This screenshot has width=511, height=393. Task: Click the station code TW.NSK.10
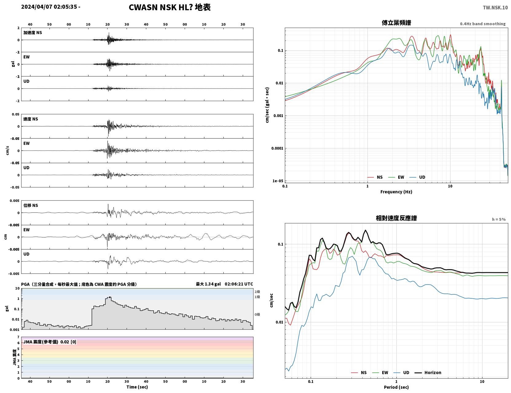point(495,7)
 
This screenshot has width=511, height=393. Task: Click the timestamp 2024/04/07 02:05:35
point(49,6)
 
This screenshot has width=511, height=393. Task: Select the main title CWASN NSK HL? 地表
point(170,7)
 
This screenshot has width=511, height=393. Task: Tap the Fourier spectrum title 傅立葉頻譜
point(396,23)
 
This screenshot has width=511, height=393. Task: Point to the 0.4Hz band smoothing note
point(482,24)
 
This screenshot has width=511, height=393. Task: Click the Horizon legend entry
point(428,372)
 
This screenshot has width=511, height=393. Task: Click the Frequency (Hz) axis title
point(396,191)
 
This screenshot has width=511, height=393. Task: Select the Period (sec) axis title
point(396,387)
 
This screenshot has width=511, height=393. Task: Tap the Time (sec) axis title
point(137,387)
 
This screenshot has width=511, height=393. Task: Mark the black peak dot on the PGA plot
point(110,297)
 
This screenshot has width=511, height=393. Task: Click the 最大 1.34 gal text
point(208,284)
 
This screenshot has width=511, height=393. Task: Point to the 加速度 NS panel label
point(33,33)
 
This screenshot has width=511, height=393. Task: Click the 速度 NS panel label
point(30,119)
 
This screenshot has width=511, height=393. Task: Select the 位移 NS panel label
point(30,205)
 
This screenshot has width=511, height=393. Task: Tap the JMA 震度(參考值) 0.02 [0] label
point(49,342)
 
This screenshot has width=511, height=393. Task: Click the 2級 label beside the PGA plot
point(257,292)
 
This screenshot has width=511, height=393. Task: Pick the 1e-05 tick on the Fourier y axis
point(278,181)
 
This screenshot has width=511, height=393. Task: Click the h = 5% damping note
point(498,219)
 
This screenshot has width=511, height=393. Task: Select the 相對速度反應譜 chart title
point(396,218)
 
